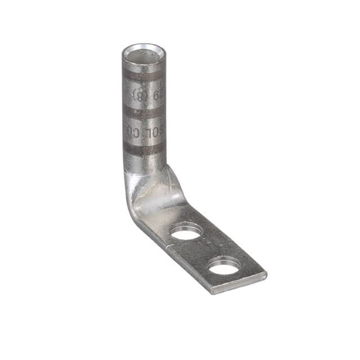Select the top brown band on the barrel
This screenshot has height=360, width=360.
143,75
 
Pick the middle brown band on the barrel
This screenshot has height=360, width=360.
143,112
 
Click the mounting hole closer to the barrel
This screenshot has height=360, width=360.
186,231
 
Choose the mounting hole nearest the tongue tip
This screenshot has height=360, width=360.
224,265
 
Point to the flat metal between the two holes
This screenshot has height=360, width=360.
205,247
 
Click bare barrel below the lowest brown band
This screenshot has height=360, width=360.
143,163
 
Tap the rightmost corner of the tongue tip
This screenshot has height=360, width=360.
265,274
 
